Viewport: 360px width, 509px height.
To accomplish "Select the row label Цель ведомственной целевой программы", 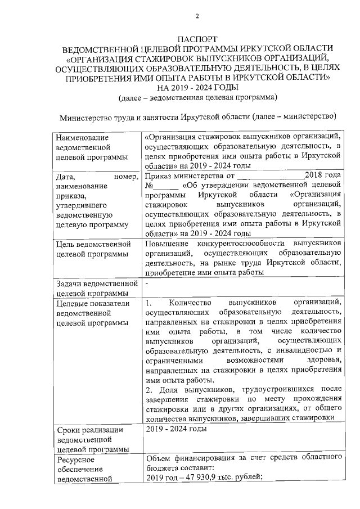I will tap(93, 249).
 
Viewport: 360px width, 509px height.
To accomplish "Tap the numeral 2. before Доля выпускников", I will tap(148, 389).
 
